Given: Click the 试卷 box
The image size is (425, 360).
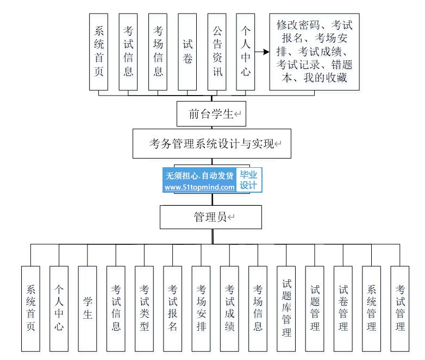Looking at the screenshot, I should pyautogui.click(x=187, y=52).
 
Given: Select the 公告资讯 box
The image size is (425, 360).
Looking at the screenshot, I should pyautogui.click(x=217, y=52).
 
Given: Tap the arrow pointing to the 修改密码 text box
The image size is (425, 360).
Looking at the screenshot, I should pyautogui.click(x=262, y=52).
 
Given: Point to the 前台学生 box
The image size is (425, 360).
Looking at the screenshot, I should pyautogui.click(x=211, y=114).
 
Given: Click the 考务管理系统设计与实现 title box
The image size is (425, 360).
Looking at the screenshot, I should pyautogui.click(x=212, y=144).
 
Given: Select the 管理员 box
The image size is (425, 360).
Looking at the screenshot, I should pyautogui.click(x=211, y=217).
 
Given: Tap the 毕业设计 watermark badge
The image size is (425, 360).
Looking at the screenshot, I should pyautogui.click(x=249, y=180).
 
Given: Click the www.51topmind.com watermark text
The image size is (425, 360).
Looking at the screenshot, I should pyautogui.click(x=199, y=187).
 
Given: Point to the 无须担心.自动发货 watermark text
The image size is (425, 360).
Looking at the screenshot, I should pyautogui.click(x=199, y=175).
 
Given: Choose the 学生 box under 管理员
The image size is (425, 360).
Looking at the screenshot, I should pyautogui.click(x=87, y=308).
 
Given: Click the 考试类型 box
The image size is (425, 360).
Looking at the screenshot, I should pyautogui.click(x=144, y=308).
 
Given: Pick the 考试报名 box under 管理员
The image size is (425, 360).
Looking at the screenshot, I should pyautogui.click(x=173, y=308).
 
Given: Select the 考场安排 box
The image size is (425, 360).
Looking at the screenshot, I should pyautogui.click(x=201, y=308).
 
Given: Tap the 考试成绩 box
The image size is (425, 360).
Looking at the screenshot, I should pyautogui.click(x=229, y=308).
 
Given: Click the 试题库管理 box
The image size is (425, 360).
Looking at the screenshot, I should pyautogui.click(x=286, y=308).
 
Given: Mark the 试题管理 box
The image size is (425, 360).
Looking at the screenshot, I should pyautogui.click(x=315, y=308).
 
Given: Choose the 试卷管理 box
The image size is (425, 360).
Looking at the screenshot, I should pyautogui.click(x=343, y=308).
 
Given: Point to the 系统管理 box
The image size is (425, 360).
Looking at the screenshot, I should pyautogui.click(x=371, y=308).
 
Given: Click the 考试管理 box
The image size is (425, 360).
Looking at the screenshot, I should pyautogui.click(x=400, y=308).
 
